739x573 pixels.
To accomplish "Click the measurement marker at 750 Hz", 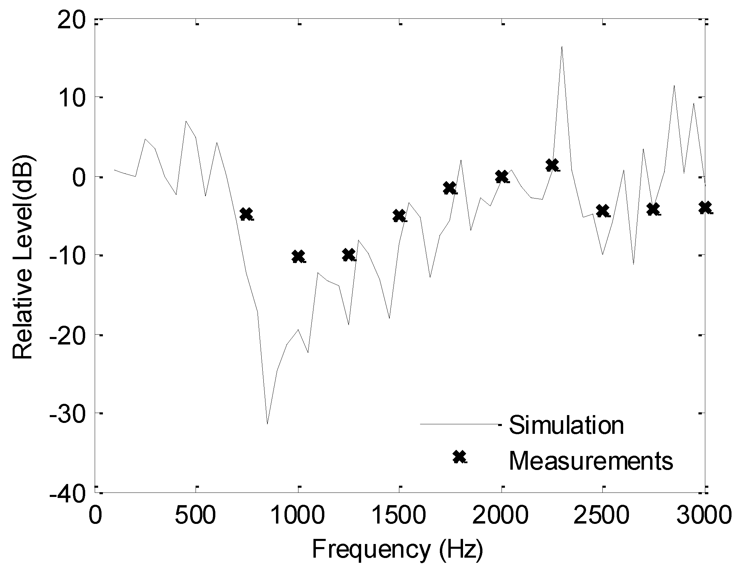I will click(x=246, y=214).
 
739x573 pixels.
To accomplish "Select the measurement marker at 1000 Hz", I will click(x=298, y=256).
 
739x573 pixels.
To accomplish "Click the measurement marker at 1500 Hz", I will click(x=399, y=216).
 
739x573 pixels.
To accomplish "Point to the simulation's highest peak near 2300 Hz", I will click(x=562, y=47).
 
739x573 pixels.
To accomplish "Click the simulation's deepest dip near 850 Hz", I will click(x=267, y=423).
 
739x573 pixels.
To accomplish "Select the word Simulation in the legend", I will click(x=566, y=425).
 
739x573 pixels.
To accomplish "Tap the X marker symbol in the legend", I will click(x=460, y=457).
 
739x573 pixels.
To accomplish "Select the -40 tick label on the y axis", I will click(x=67, y=494).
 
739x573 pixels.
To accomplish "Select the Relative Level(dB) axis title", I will click(x=23, y=256).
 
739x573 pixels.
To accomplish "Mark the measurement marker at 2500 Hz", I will click(x=603, y=211).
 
